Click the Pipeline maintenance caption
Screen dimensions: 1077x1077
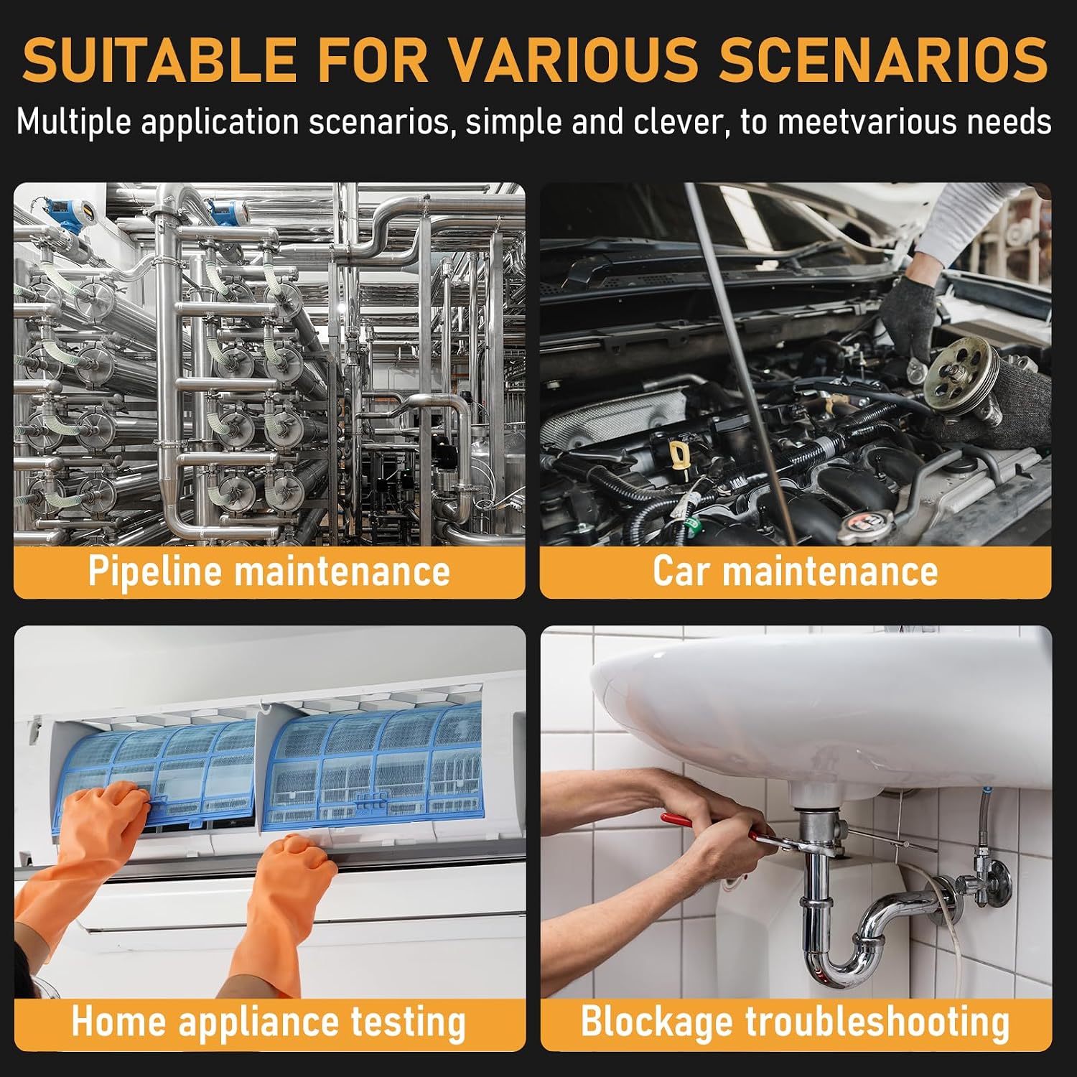pyautogui.click(x=269, y=572)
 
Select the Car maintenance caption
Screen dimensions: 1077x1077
pyautogui.click(x=796, y=572)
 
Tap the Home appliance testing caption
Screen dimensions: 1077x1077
pyautogui.click(x=269, y=1022)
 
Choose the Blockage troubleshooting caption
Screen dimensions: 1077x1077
pyautogui.click(x=796, y=1022)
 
